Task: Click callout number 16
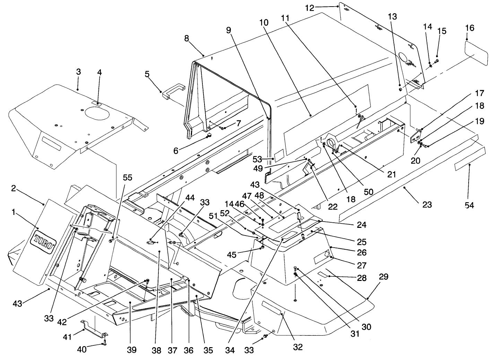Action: (x=470, y=28)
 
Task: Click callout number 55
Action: (x=128, y=178)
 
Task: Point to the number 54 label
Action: (x=469, y=205)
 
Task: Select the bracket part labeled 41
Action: (x=94, y=328)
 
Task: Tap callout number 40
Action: (x=81, y=350)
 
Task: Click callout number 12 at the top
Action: (x=310, y=8)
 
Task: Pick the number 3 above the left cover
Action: (x=78, y=72)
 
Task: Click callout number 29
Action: (x=384, y=277)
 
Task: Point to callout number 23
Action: (x=427, y=205)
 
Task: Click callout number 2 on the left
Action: (x=13, y=188)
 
